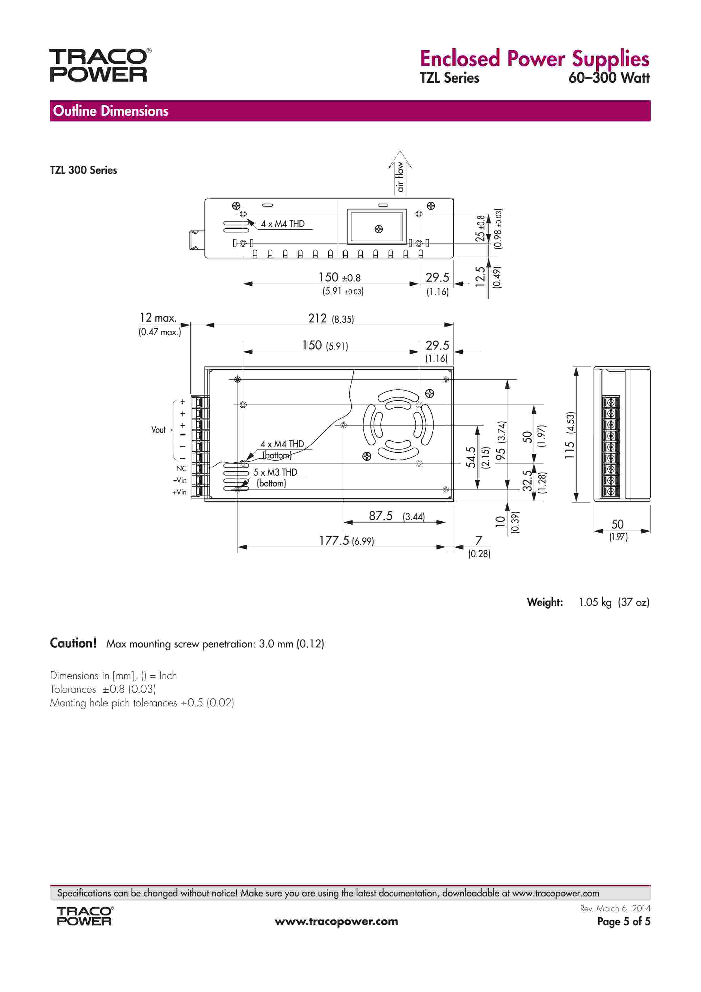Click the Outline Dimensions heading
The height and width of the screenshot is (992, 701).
tap(111, 111)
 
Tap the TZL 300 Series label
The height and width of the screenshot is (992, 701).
tap(83, 170)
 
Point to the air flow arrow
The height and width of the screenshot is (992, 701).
tap(400, 172)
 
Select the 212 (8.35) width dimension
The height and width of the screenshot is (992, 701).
tap(330, 319)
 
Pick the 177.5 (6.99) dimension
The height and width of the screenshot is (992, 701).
tap(346, 541)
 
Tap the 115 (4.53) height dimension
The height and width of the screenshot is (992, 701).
tap(570, 435)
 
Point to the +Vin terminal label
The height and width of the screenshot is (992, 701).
tap(180, 492)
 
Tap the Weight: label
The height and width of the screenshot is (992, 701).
tap(545, 602)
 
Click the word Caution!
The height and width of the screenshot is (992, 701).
tap(73, 643)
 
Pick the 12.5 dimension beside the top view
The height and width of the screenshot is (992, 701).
tap(480, 277)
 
